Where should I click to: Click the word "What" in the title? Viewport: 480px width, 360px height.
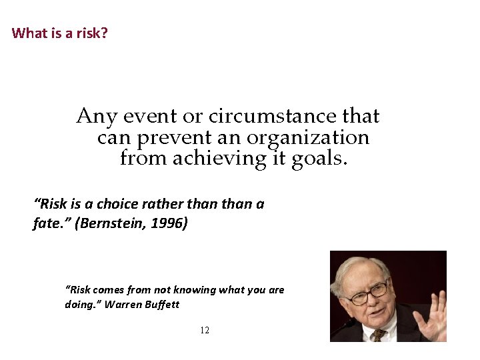point(27,33)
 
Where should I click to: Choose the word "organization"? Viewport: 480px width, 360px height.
point(307,138)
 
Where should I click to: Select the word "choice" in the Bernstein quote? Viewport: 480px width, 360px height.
point(118,204)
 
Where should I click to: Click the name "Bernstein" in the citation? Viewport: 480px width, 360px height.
point(111,223)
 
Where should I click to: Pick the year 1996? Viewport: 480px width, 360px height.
point(168,223)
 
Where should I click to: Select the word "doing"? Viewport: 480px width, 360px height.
point(80,305)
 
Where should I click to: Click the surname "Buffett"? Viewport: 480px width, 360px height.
point(163,305)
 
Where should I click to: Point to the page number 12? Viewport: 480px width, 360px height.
point(205,331)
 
